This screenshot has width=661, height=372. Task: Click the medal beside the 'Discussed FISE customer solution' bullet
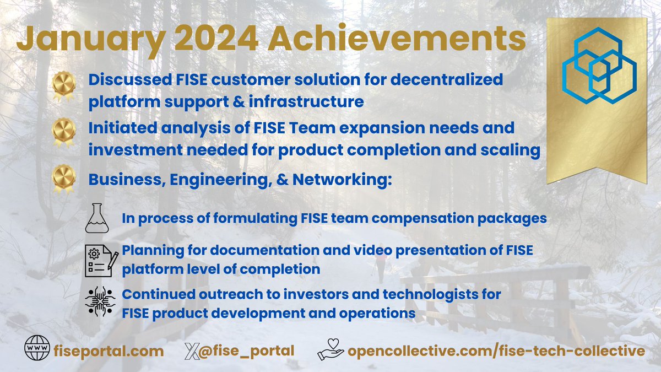coord(64,85)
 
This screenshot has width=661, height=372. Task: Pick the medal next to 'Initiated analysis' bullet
coord(64,133)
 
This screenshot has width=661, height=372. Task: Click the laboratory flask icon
coord(99,218)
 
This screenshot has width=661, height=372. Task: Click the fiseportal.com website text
coord(110,351)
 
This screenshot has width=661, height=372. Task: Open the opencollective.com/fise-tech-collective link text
coord(496,351)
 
